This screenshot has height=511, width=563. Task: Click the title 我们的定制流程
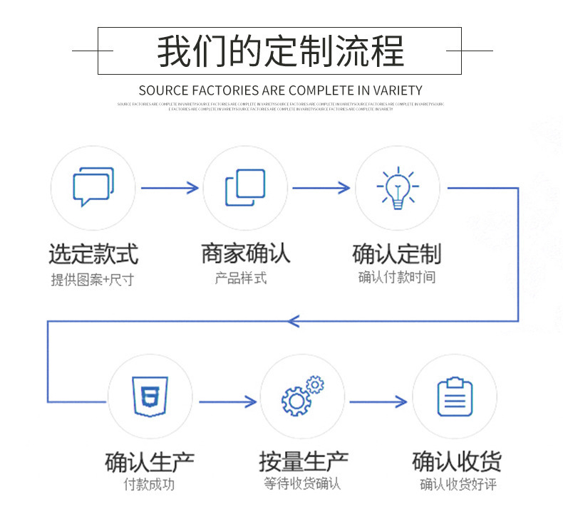(280, 51)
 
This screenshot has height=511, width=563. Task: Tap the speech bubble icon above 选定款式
(93, 186)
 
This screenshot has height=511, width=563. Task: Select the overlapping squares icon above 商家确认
(244, 188)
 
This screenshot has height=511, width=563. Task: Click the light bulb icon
(397, 188)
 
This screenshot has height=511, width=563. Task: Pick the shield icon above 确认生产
(150, 396)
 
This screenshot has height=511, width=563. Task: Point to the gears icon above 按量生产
(301, 396)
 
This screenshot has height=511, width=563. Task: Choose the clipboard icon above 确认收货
(454, 396)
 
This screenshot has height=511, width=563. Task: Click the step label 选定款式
(93, 254)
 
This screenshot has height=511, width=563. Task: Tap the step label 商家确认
(245, 253)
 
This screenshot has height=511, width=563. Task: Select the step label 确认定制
(397, 254)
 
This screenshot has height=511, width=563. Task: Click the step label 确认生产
(150, 462)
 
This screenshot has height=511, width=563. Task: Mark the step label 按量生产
(302, 462)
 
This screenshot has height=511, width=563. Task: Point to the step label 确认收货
(456, 462)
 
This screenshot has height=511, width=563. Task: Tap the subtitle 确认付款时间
(396, 278)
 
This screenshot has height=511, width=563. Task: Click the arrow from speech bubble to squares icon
(170, 188)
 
